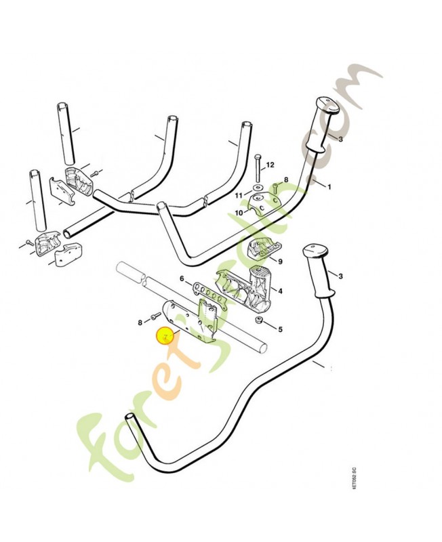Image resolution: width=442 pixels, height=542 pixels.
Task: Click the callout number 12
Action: coord(270,165)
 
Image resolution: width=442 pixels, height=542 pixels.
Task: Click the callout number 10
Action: coord(239,212)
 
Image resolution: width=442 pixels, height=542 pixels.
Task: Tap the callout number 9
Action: coord(280,261)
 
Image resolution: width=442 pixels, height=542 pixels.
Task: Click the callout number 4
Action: coord(281,291)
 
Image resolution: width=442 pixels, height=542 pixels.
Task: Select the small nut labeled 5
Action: coord(258,320)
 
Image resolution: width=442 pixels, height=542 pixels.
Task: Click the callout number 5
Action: coord(280,330)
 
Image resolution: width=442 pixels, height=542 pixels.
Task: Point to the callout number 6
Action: coord(182,278)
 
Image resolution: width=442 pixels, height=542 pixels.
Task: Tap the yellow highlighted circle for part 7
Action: coord(165,335)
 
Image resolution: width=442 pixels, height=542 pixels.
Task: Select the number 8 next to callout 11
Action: coord(286,180)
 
